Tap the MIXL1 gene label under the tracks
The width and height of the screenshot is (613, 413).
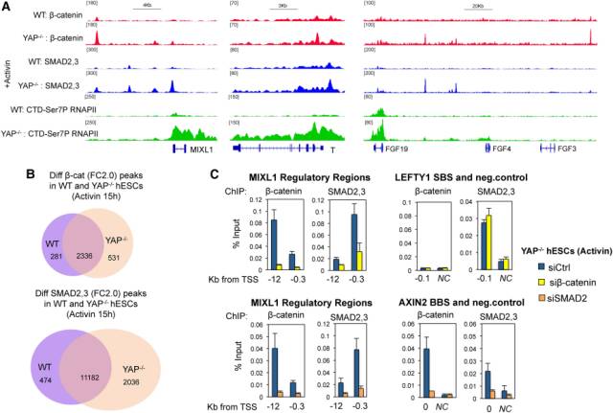tap(202, 151)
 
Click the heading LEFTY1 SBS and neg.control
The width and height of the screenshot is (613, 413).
tap(458, 178)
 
